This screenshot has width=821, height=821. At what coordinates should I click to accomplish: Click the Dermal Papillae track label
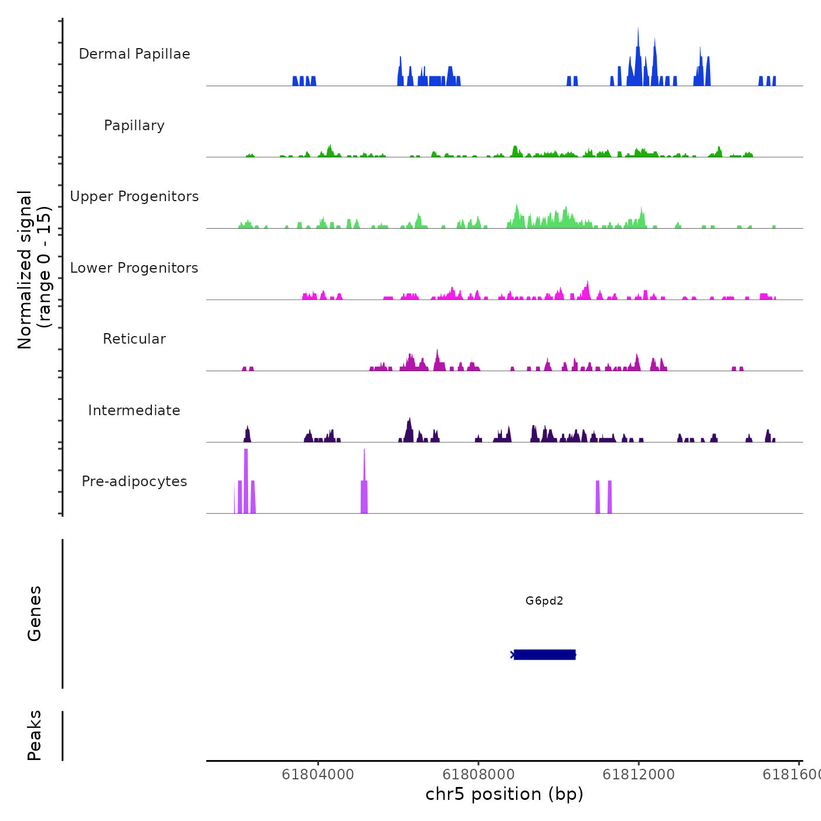point(134,54)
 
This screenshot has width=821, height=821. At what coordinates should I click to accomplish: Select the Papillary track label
point(134,125)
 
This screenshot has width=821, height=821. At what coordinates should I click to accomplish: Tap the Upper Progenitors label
point(134,196)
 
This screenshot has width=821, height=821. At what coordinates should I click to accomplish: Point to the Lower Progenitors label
point(134,268)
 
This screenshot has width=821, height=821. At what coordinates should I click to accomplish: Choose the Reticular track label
point(134,339)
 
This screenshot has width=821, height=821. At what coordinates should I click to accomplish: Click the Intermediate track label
point(134,410)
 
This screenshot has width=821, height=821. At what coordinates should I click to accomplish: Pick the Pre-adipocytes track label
point(134,481)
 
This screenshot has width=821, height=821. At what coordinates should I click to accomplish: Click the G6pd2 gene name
point(544,601)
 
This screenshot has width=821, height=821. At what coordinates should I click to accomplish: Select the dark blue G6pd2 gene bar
point(544,654)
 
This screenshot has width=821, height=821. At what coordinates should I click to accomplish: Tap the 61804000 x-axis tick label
point(318,775)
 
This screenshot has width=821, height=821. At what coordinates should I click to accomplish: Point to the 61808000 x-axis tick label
point(479,775)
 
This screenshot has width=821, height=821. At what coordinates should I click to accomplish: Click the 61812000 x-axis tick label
point(639,775)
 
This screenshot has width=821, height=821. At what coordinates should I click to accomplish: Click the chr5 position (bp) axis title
point(504,794)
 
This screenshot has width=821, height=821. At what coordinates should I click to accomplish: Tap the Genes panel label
point(35,613)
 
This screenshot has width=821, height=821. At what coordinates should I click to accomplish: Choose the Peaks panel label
point(35,735)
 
